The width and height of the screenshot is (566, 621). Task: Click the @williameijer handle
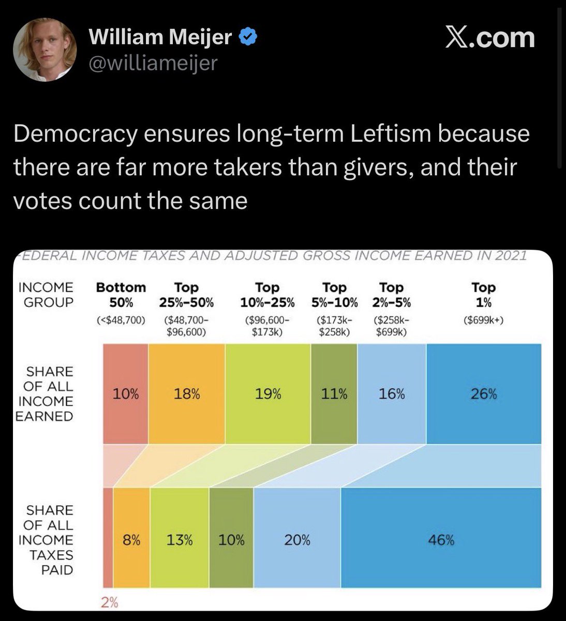click(x=153, y=63)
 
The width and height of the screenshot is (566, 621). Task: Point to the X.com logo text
click(x=489, y=38)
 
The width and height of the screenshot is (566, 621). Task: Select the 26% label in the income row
click(x=483, y=394)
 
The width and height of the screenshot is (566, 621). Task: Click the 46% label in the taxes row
click(x=441, y=541)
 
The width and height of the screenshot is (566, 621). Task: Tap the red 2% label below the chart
click(x=109, y=602)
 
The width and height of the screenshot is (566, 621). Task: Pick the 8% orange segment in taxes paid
click(x=131, y=541)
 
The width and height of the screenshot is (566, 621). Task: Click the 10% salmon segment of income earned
click(x=126, y=394)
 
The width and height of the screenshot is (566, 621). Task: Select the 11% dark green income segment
click(x=334, y=394)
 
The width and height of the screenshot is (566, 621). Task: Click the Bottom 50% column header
click(x=121, y=294)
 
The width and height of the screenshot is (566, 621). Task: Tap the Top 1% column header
click(x=483, y=294)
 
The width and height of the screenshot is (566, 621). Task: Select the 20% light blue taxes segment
click(x=297, y=541)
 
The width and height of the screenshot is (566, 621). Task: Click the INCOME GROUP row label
click(x=46, y=294)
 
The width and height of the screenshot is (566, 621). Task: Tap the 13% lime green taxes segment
click(x=180, y=541)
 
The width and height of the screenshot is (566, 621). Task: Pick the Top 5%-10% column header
click(x=334, y=294)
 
